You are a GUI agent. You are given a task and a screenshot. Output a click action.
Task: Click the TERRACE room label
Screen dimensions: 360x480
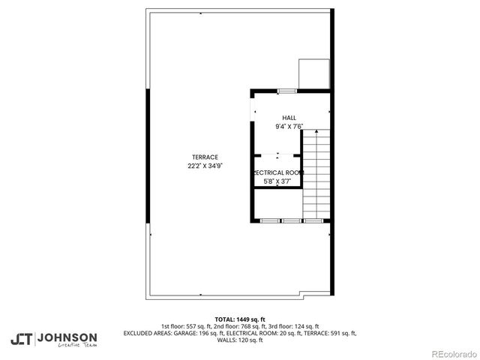click(204, 157)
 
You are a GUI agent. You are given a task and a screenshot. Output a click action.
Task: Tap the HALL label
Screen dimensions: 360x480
click(289, 118)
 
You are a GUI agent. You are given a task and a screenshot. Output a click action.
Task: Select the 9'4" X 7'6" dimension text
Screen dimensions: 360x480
click(289, 127)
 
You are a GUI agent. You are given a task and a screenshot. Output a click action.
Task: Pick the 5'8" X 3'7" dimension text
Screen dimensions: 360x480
click(277, 181)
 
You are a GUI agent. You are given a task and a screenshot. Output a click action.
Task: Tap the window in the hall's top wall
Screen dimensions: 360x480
click(287, 91)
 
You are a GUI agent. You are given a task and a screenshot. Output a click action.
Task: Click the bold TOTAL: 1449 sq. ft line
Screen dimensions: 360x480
click(240, 319)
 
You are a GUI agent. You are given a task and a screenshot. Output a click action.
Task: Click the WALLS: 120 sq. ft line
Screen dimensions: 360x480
click(240, 340)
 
